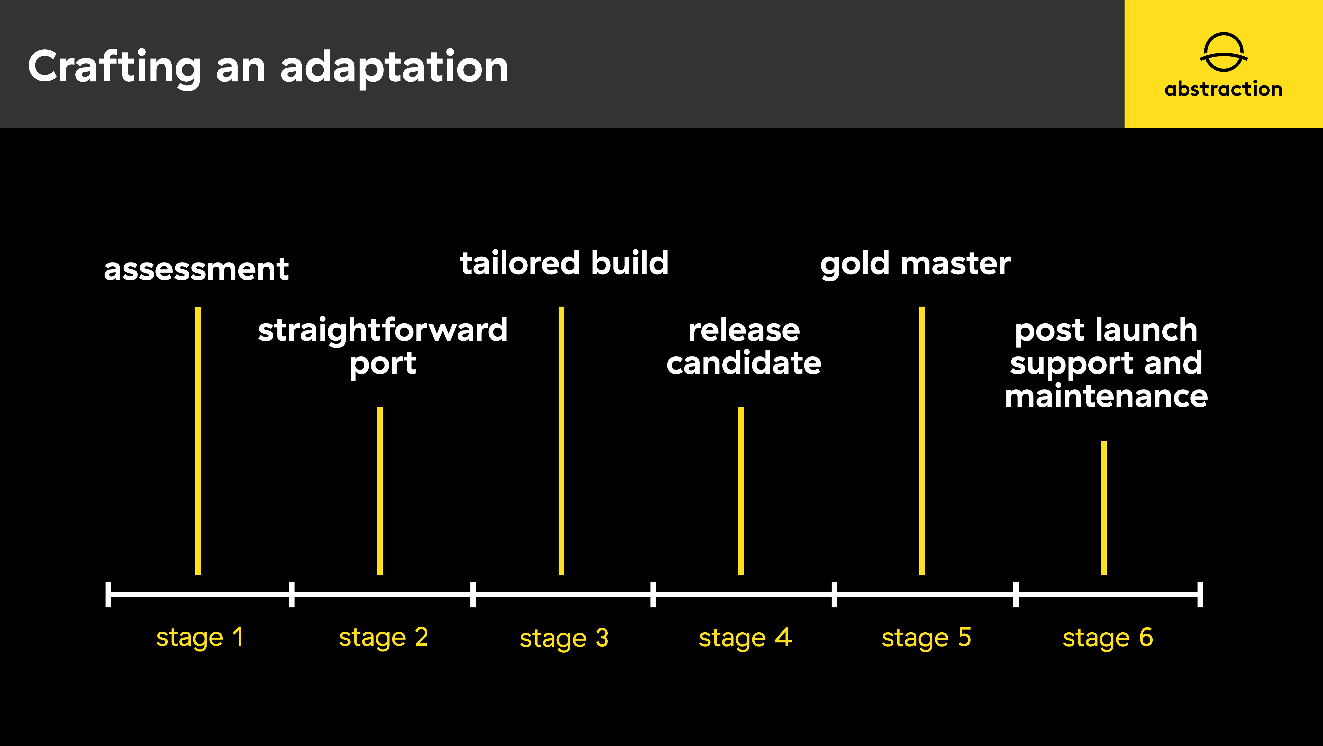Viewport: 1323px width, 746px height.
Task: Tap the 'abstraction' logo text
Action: [x=1223, y=89]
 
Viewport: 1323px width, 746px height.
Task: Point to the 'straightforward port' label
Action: [x=383, y=347]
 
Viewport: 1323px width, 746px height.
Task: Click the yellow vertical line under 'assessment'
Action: [x=198, y=441]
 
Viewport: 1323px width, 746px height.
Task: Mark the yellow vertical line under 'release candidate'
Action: [x=741, y=491]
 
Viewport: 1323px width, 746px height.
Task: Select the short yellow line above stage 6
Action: [x=1104, y=508]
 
